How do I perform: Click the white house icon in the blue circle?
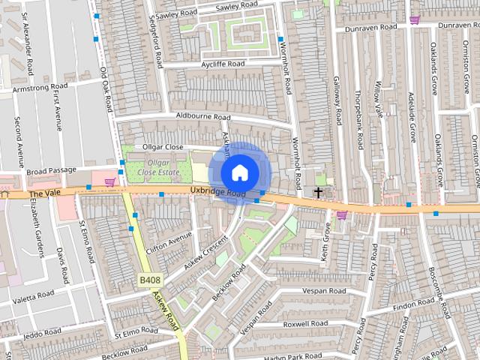(239, 172)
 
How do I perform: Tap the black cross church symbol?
(318, 193)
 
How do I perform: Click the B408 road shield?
(150, 280)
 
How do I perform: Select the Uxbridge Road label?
(218, 193)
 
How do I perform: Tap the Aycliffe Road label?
(213, 64)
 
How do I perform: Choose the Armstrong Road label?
(42, 88)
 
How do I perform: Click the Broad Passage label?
(51, 171)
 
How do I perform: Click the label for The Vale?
(43, 194)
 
